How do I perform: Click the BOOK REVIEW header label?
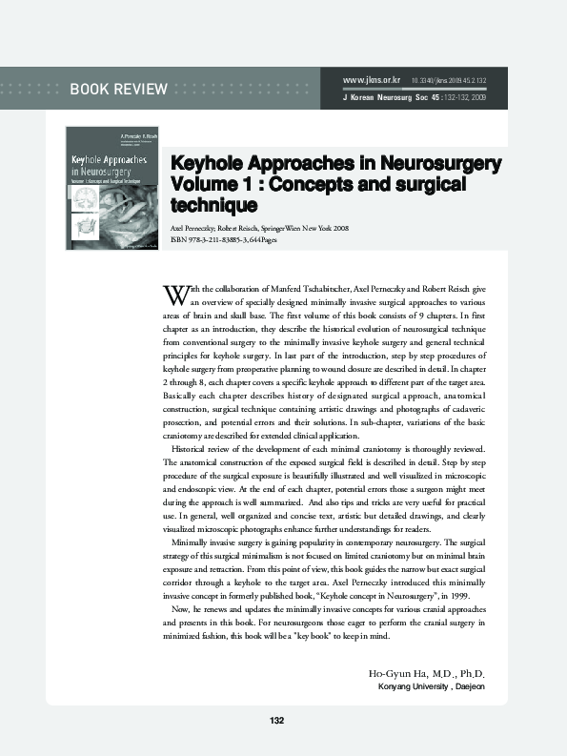(118, 91)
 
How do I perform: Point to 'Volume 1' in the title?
(209, 183)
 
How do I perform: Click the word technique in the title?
(213, 204)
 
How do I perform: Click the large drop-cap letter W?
(173, 291)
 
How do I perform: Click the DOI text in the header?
(449, 80)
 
